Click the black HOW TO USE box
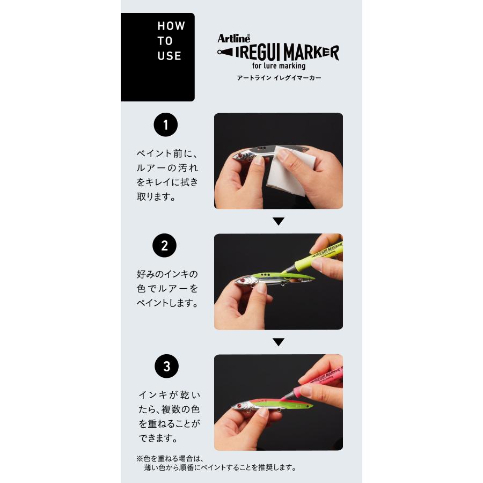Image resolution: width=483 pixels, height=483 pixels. click(157, 57)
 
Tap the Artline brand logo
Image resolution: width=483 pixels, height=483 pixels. click(233, 38)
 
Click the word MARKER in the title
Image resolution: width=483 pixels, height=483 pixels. click(311, 53)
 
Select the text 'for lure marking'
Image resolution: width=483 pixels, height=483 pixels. click(279, 66)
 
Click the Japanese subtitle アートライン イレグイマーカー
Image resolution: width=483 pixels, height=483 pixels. click(279, 78)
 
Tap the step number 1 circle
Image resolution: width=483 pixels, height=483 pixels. click(166, 126)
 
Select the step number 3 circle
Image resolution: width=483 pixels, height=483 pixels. click(166, 367)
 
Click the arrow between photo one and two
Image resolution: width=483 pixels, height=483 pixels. click(279, 221)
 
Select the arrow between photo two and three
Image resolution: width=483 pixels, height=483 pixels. click(279, 342)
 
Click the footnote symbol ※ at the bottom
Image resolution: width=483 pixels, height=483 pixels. click(140, 459)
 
